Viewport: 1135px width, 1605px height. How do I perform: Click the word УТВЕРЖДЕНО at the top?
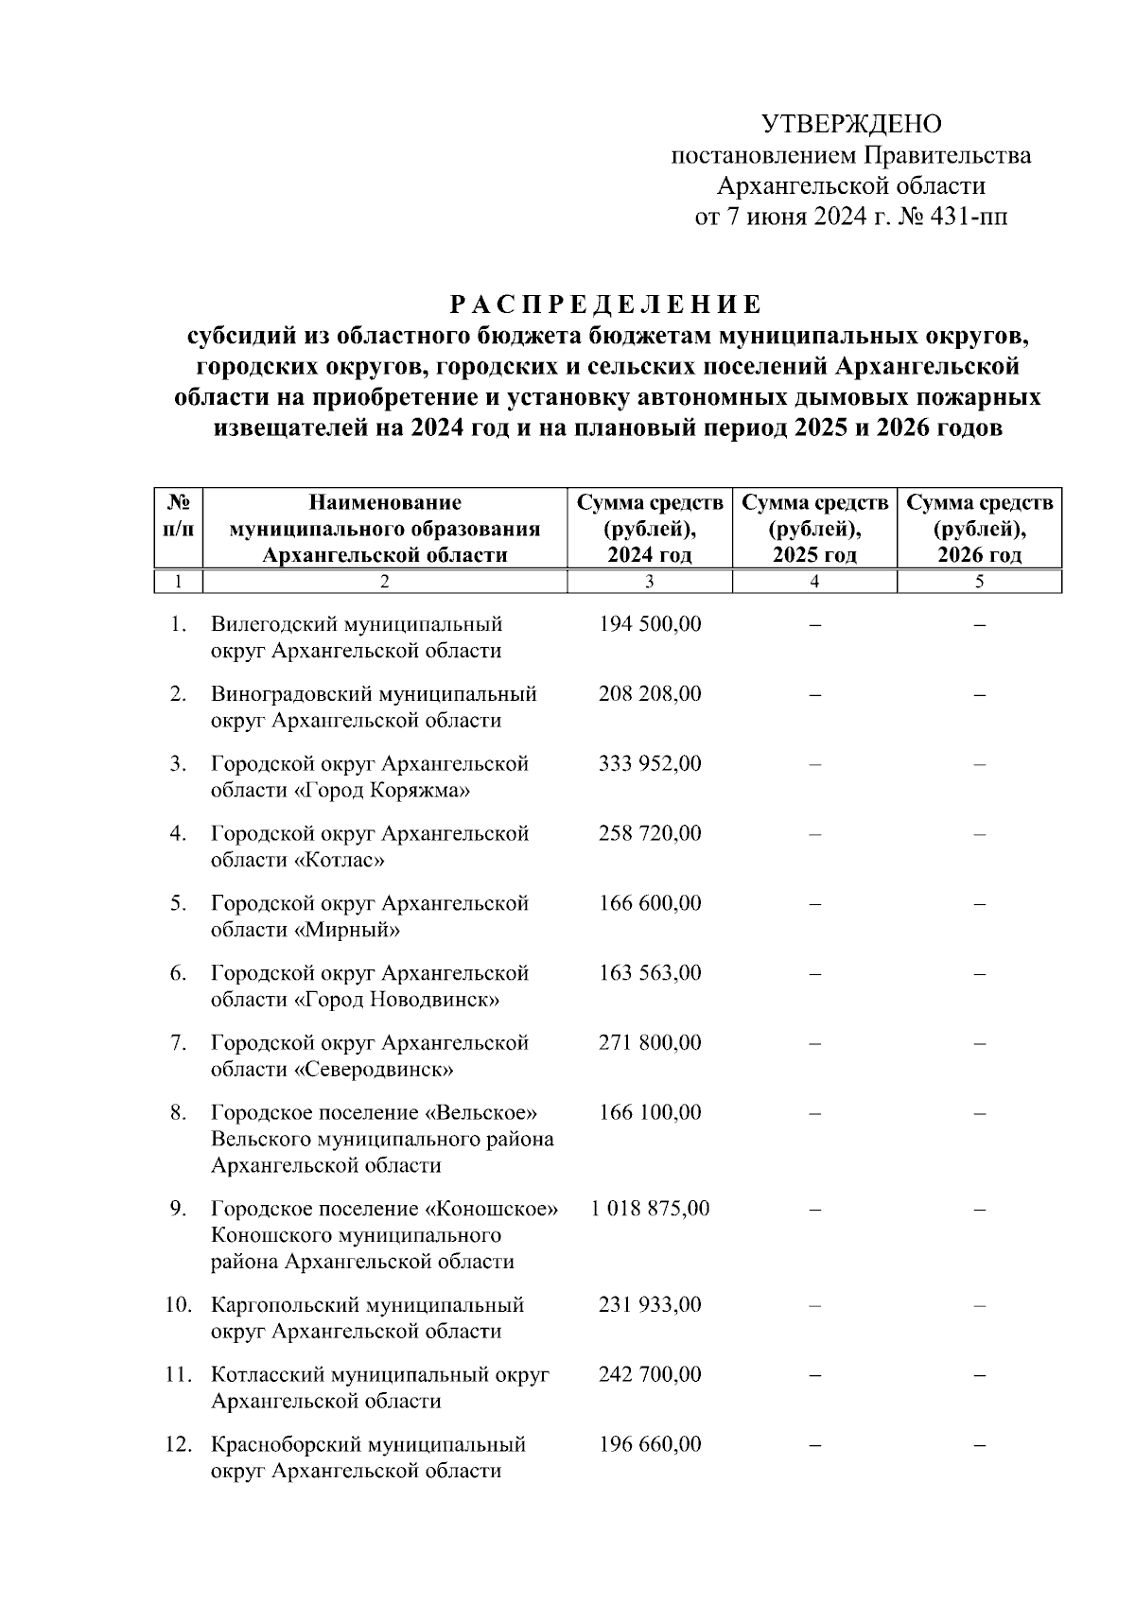[851, 124]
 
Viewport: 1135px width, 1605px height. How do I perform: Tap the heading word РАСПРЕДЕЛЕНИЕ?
[605, 305]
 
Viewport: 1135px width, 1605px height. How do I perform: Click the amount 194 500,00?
[650, 624]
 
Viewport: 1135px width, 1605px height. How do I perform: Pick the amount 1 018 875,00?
[650, 1209]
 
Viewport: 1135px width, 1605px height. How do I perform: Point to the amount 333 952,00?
[650, 763]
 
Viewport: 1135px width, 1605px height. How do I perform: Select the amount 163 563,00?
[650, 973]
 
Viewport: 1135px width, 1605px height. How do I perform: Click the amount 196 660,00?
[650, 1444]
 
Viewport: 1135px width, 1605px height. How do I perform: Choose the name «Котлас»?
[340, 860]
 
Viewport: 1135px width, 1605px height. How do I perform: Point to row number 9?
[179, 1209]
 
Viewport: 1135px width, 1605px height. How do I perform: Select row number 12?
[179, 1444]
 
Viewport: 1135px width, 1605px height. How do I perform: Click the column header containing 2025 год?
[814, 529]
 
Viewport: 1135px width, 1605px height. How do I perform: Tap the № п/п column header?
[179, 515]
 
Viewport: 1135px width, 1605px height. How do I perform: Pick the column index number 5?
[979, 582]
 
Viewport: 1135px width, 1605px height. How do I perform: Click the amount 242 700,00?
[650, 1374]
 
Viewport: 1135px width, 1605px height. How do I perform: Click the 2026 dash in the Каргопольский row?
[979, 1305]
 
